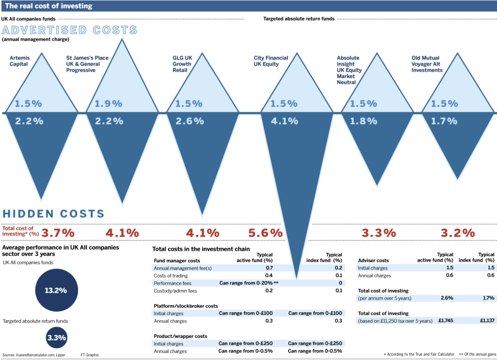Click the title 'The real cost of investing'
49,6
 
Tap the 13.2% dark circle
56,290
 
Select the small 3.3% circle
57,338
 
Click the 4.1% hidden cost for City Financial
284,121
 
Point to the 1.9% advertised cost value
108,103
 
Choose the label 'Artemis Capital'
19,61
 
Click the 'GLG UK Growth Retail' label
182,64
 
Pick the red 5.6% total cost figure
265,233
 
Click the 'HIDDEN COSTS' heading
53,214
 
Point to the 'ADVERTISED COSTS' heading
70,30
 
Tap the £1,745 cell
446,321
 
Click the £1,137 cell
487,321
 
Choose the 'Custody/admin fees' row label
175,291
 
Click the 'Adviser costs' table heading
373,260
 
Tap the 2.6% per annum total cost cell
446,298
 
